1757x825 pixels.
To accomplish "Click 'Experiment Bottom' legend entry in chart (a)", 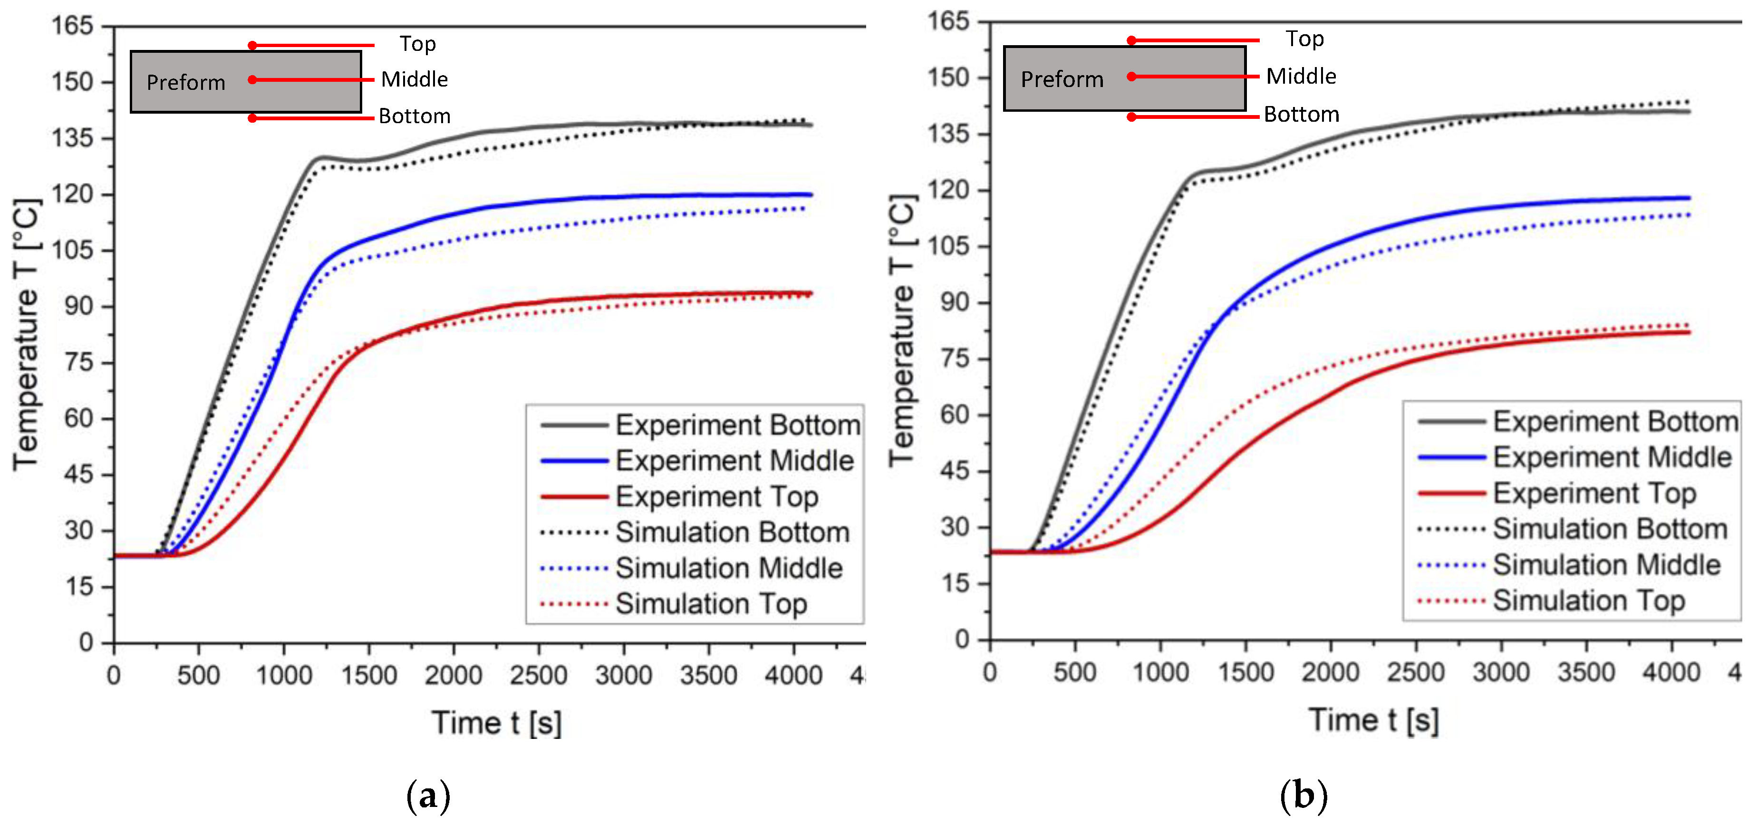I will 737,425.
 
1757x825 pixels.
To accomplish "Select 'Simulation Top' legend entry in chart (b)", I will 1589,601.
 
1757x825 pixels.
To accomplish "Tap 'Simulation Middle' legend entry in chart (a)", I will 728,568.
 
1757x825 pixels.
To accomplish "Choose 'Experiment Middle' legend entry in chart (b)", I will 1612,457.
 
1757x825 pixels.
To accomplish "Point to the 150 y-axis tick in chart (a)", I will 72,82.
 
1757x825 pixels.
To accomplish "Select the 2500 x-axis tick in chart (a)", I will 538,676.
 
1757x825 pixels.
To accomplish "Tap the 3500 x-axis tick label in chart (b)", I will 1586,673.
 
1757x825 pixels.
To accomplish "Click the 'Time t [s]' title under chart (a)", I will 497,723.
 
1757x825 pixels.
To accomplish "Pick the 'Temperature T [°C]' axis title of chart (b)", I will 902,331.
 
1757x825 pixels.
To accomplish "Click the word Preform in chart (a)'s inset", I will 185,83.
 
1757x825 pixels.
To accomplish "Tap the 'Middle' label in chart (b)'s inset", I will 1301,76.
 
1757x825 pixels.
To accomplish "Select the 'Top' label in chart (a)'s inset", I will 417,44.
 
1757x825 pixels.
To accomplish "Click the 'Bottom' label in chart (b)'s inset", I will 1302,114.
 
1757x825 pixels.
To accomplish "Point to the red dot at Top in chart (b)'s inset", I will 1131,40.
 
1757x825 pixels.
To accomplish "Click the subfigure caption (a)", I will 428,796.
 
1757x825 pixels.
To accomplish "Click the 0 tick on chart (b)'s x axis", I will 990,673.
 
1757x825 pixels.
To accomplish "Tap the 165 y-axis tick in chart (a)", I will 72,26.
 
